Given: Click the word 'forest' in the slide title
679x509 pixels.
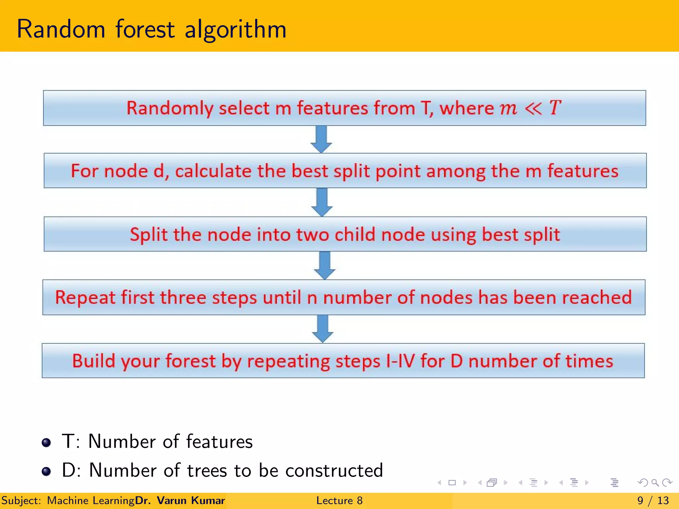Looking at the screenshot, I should [x=145, y=29].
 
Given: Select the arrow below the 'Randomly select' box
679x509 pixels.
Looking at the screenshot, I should [x=321, y=139].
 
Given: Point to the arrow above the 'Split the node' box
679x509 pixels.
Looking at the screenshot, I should [x=322, y=202].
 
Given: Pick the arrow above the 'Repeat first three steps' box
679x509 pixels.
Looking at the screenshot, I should [x=324, y=265].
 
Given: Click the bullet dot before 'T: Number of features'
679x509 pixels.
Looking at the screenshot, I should [x=46, y=442].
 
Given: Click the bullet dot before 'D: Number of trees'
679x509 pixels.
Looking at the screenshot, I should [x=46, y=471].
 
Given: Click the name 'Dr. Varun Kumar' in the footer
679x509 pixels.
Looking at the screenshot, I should [x=180, y=500].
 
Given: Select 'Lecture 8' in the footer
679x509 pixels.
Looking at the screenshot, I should [x=339, y=500].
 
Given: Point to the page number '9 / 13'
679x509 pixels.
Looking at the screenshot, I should [x=653, y=500].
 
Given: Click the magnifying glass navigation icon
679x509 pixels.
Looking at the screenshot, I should [x=655, y=483].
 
